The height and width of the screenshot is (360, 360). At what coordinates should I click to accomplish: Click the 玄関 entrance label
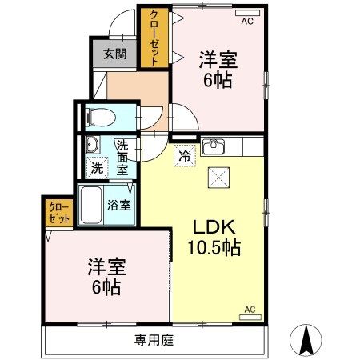pyautogui.click(x=114, y=54)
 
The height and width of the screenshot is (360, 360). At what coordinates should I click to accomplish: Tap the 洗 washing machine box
pyautogui.click(x=97, y=168)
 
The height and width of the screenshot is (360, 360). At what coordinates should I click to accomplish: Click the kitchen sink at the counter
pyautogui.click(x=214, y=148)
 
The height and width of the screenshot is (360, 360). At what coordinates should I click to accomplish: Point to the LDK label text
pyautogui.click(x=214, y=226)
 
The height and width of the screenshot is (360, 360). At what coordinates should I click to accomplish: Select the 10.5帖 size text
pyautogui.click(x=214, y=247)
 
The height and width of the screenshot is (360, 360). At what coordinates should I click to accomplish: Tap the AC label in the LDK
pyautogui.click(x=249, y=308)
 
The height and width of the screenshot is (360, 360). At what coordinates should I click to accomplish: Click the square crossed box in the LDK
pyautogui.click(x=217, y=178)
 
